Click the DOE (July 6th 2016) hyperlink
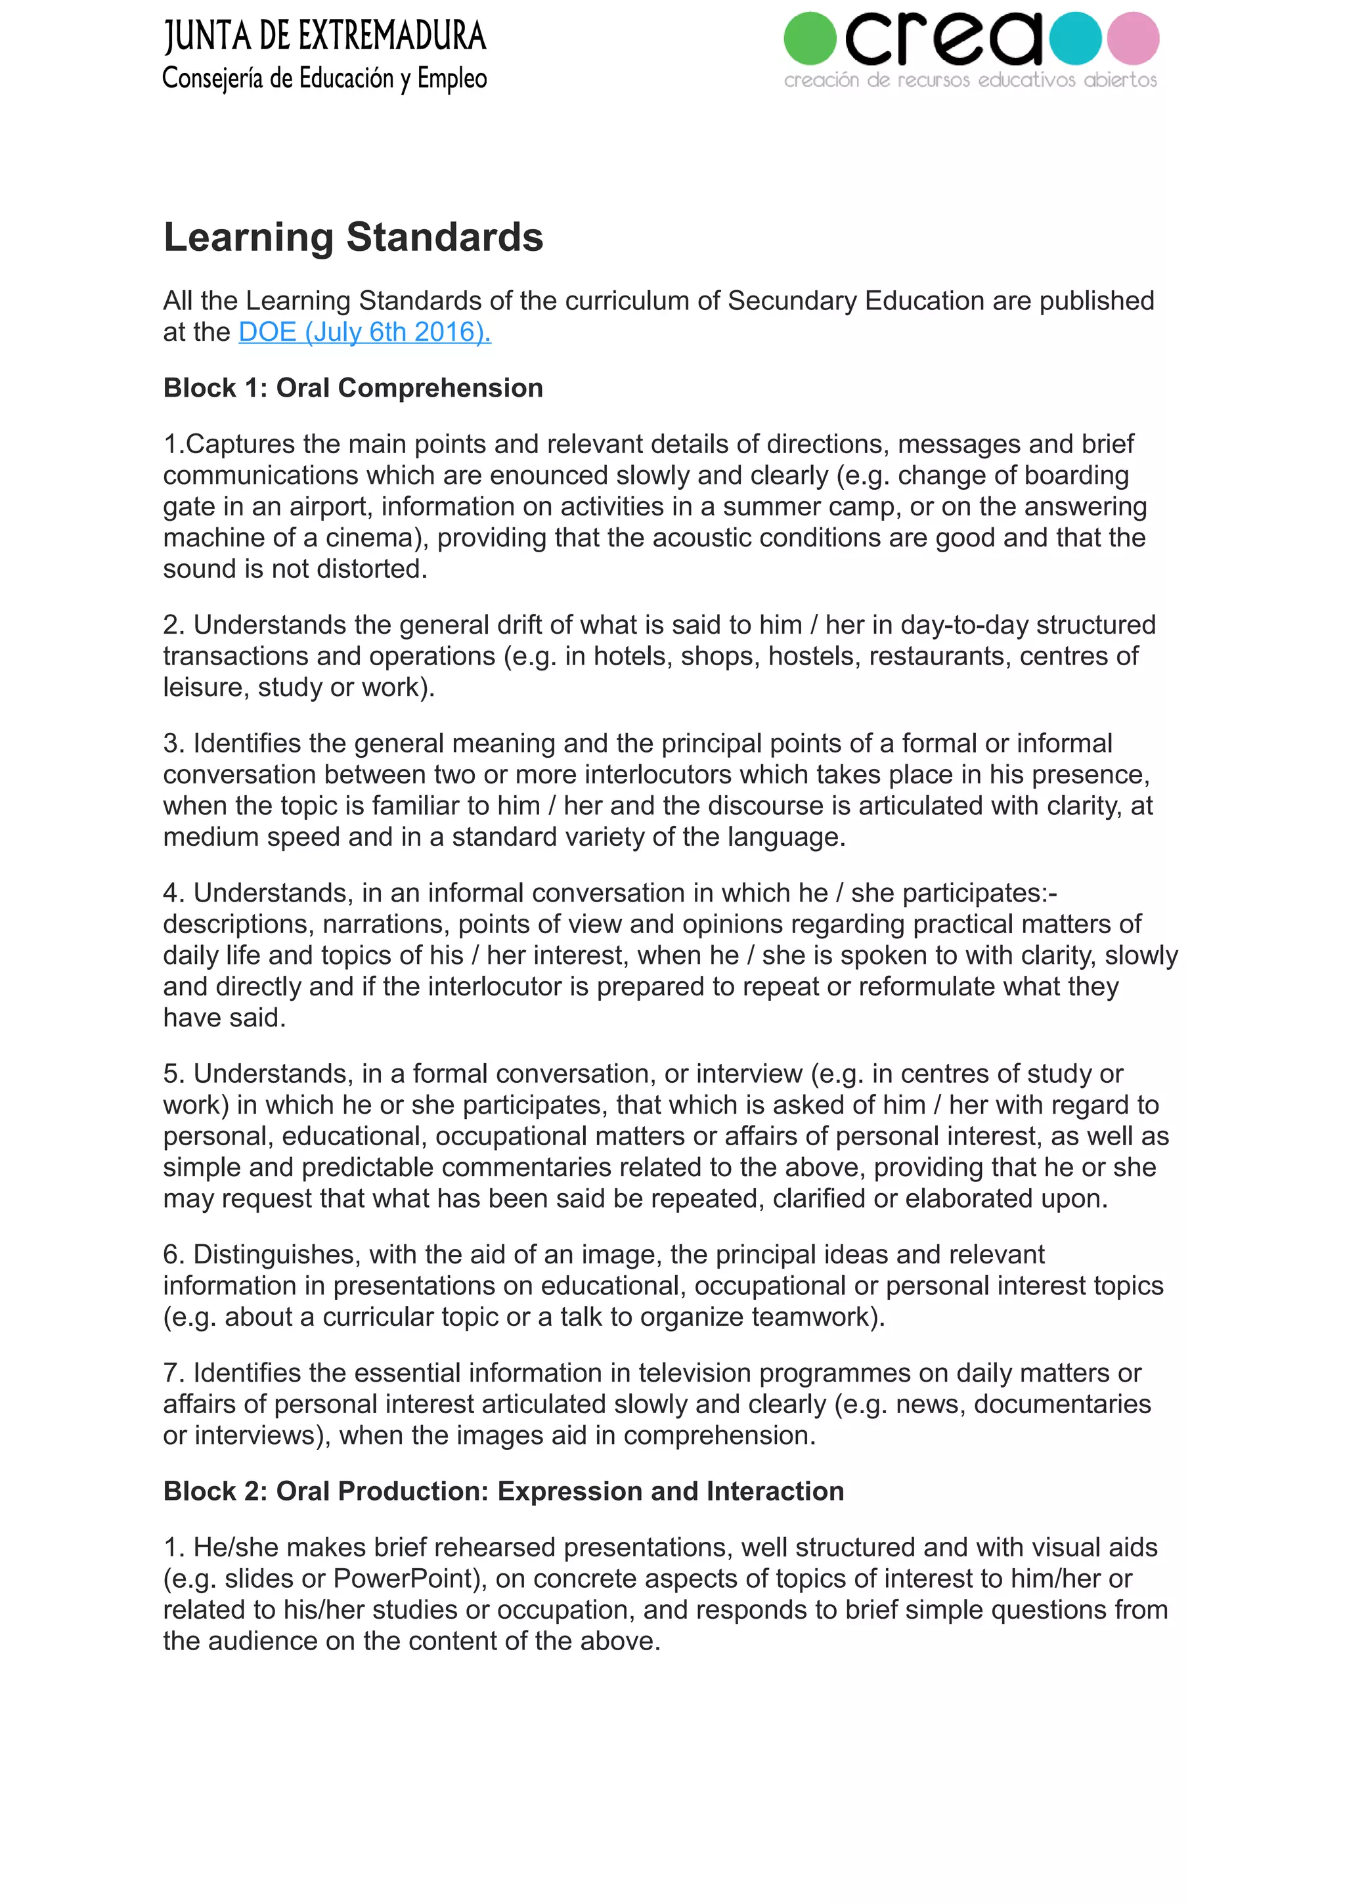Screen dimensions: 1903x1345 (364, 332)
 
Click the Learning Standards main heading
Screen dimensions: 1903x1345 (353, 237)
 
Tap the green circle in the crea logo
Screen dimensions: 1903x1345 (810, 38)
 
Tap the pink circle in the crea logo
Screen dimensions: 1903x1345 (1133, 38)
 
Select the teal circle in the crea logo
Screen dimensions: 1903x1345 (1075, 38)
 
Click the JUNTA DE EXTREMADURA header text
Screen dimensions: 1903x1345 (325, 37)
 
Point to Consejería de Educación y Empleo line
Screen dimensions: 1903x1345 (325, 79)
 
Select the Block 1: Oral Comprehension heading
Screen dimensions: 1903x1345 (353, 388)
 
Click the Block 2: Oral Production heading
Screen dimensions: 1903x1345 (503, 1491)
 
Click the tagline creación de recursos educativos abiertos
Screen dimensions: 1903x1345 (971, 80)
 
